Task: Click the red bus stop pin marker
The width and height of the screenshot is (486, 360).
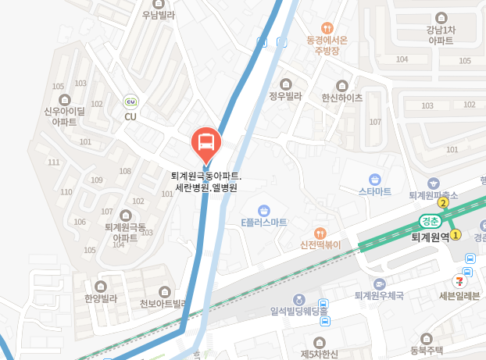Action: click(x=206, y=143)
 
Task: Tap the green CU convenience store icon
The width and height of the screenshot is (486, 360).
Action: click(x=130, y=102)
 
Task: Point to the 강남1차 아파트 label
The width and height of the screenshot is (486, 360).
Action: click(x=440, y=35)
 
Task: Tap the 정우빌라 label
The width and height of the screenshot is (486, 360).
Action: click(x=285, y=97)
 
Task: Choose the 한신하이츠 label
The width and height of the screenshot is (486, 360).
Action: click(x=341, y=98)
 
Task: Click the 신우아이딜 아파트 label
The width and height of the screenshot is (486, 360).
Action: click(x=64, y=116)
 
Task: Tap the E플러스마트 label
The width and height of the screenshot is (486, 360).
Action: click(x=264, y=222)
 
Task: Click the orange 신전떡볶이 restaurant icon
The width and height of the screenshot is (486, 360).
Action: click(x=320, y=233)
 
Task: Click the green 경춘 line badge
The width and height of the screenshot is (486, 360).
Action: click(x=430, y=220)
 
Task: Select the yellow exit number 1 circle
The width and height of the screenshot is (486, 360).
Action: click(x=456, y=233)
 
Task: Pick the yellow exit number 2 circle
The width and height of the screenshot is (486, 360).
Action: click(x=442, y=203)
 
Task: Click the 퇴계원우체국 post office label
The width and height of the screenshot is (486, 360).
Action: click(x=379, y=296)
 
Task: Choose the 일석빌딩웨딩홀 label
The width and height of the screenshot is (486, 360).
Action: click(x=298, y=311)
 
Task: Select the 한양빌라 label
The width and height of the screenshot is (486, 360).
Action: click(x=101, y=298)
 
